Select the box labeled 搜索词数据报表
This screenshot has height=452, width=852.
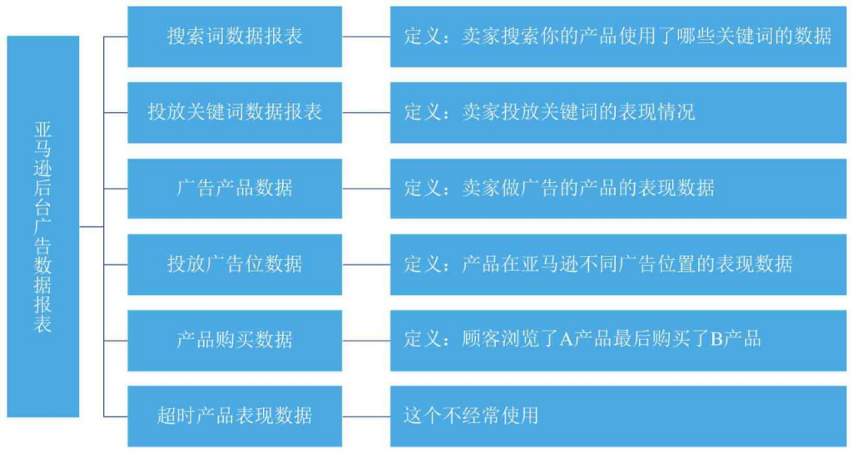tap(235, 37)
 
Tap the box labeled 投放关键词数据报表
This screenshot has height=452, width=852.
tap(235, 112)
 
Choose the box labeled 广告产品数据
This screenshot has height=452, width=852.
tap(235, 189)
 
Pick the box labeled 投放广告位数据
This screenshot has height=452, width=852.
tap(235, 264)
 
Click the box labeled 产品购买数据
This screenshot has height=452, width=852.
tap(235, 340)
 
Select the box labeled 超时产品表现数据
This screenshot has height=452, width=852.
tap(235, 415)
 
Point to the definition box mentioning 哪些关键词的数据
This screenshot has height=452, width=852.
tap(617, 37)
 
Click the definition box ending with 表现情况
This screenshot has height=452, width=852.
tap(617, 112)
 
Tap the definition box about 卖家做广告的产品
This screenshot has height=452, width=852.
tap(617, 189)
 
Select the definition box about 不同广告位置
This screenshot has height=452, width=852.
tap(617, 264)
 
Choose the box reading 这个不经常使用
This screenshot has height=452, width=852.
tap(617, 415)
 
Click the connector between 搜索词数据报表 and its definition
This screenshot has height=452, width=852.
tap(366, 37)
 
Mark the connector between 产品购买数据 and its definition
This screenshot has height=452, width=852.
tap(366, 340)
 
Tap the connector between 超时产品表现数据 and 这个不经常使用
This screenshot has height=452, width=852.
tap(366, 415)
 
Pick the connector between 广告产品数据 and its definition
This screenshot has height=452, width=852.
tap(366, 189)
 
